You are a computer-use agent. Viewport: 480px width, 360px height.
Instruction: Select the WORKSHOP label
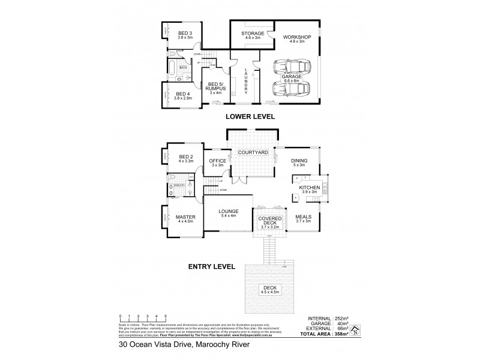296,37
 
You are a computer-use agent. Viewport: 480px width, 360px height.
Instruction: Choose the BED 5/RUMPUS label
214,86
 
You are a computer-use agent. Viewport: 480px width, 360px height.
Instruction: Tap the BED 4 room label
183,94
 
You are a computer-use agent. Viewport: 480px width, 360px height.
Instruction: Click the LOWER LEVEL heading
250,117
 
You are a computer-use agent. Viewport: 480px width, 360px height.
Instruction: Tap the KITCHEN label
310,188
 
